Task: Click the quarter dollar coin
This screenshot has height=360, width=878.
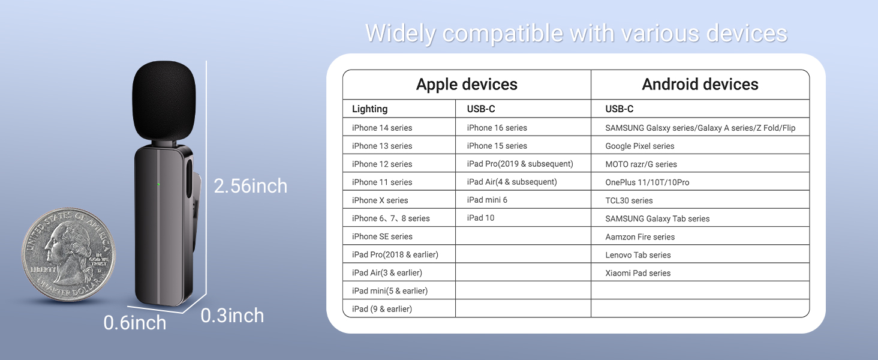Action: (68, 255)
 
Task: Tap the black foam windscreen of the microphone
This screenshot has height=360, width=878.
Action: (164, 101)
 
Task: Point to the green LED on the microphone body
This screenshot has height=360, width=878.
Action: (158, 184)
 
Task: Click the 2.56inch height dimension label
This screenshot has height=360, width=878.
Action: (251, 186)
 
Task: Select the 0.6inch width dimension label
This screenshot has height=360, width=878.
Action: (135, 323)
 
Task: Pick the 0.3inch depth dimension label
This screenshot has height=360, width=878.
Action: (233, 316)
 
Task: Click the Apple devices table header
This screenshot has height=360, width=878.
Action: (467, 85)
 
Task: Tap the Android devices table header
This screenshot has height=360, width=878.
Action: (700, 85)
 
